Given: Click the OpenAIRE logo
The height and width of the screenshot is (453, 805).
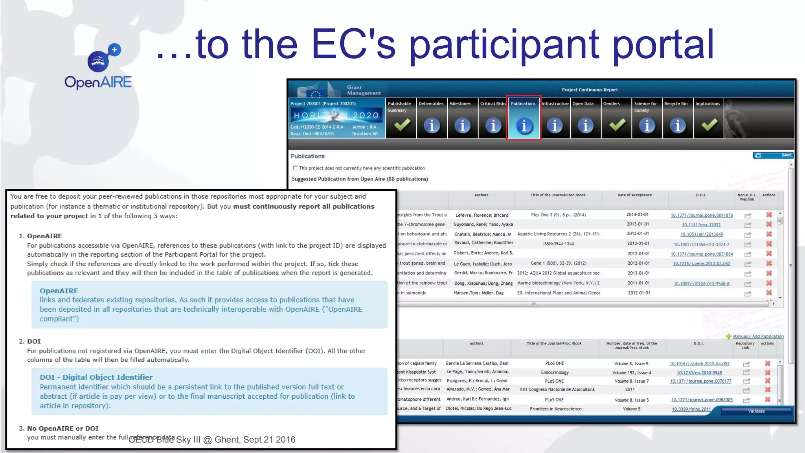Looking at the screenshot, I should point(98,67).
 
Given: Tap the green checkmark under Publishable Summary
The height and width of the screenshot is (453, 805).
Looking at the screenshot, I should point(402,125).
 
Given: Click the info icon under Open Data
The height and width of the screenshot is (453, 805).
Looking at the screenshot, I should point(585,125).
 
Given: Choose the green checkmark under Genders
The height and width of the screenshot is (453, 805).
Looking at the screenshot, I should point(617,125).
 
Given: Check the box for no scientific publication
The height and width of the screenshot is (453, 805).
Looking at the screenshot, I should point(295,168).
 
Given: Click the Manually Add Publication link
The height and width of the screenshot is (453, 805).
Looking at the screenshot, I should point(758,337).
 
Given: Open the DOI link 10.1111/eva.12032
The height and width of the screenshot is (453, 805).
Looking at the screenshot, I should point(701,225).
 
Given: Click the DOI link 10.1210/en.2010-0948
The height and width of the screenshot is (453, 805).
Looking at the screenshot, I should point(699,373).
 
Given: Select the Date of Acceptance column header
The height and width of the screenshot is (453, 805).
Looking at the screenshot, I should point(634,195).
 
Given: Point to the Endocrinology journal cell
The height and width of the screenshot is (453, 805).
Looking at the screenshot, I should point(555,372).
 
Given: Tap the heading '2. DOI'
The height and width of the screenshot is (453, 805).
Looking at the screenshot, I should point(30,341).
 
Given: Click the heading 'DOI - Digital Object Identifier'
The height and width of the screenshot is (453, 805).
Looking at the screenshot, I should point(96,377).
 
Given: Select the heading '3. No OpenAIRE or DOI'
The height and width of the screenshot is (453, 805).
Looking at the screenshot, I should point(59,428).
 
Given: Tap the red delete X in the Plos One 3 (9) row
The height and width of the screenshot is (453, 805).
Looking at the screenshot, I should point(769,215).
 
